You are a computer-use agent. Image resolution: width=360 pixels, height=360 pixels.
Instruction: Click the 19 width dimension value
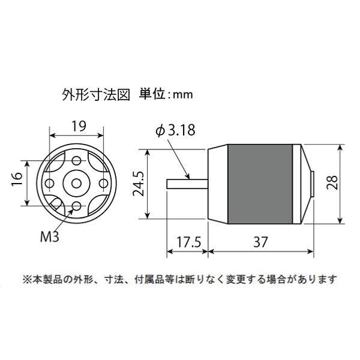point(77,126)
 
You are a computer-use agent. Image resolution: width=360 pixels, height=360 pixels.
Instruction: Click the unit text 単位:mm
point(163,94)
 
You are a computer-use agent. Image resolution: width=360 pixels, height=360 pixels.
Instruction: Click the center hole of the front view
point(76,182)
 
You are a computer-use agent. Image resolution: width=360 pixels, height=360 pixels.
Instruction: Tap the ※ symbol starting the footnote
point(26,279)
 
